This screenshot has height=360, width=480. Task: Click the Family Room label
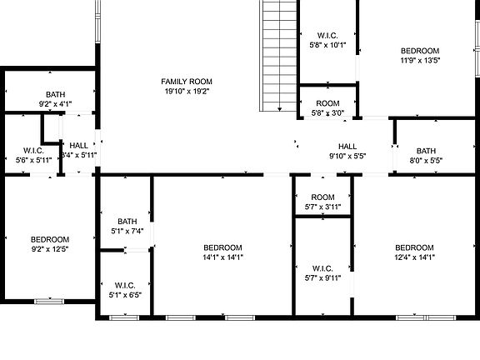[x=187, y=81]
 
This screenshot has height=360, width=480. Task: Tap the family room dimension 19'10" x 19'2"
[x=187, y=91]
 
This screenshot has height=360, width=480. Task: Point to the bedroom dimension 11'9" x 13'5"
[x=419, y=60]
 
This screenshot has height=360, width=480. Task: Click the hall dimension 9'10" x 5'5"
[x=347, y=156]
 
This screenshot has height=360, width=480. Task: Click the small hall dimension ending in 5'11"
[x=78, y=155]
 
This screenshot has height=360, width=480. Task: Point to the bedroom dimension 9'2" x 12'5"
[x=50, y=248]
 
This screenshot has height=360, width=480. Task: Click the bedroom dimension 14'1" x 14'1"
[x=222, y=257]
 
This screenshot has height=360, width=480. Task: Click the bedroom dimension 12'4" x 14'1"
[x=414, y=257]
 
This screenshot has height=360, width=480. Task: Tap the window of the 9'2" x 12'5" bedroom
[x=48, y=300]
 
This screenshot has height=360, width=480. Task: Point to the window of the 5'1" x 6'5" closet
[x=124, y=317]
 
